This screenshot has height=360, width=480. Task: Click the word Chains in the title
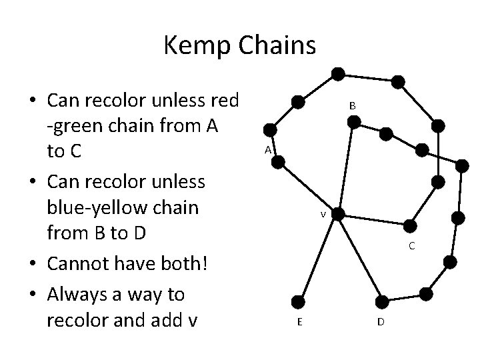point(275,46)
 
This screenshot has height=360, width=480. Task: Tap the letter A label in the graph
point(267,150)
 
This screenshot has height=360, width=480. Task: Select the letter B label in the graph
point(353,106)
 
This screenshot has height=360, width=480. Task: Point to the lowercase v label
point(323,215)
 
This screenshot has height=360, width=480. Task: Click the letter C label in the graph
point(411,246)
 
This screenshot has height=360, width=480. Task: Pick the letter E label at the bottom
point(301,323)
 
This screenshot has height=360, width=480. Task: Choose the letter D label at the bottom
point(380,323)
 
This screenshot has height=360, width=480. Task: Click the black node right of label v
point(338,213)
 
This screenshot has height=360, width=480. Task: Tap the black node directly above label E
point(301,301)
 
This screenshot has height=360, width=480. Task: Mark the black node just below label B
point(354,122)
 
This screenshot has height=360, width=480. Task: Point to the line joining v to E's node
point(319,257)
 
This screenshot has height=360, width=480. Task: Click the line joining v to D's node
point(359,257)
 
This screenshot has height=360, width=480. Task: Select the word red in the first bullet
point(220,100)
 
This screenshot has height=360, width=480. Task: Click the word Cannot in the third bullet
point(84,263)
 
